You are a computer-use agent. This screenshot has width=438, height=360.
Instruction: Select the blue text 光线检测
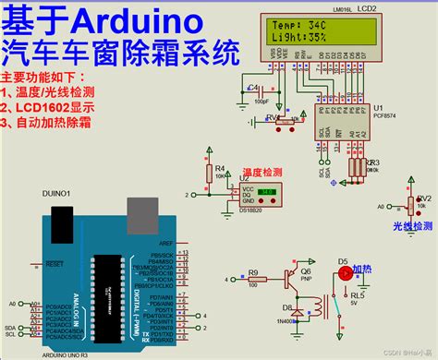click(411, 226)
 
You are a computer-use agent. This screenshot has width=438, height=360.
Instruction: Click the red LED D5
click(346, 273)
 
